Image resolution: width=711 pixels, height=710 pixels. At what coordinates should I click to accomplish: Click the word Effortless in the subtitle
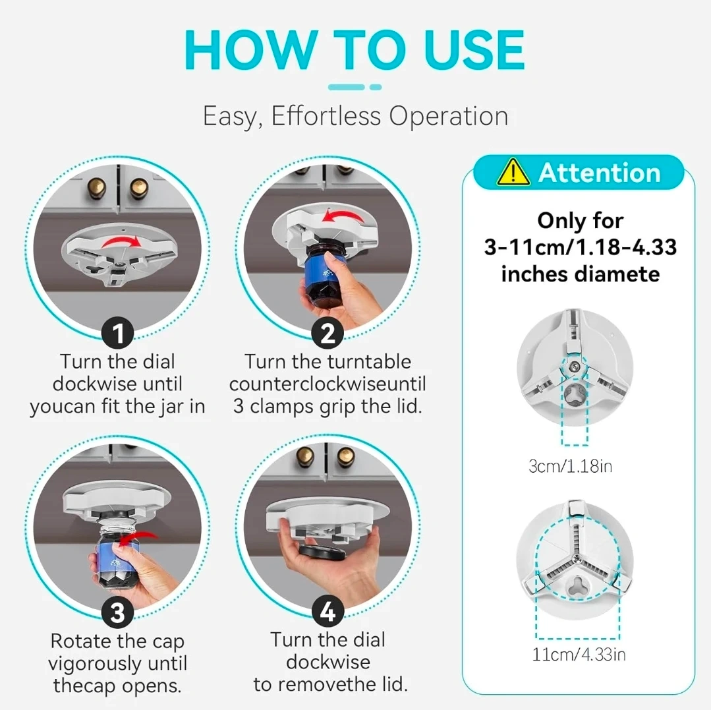[326, 115]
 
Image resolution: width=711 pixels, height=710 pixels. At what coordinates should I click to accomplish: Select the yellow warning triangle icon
[513, 172]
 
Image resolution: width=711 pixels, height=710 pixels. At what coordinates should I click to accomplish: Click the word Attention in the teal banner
[600, 173]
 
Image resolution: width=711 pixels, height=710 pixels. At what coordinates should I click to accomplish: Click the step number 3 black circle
[117, 612]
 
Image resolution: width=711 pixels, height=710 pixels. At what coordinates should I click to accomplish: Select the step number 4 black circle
[327, 612]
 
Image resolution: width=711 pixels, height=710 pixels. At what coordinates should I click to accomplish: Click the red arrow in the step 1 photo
[121, 242]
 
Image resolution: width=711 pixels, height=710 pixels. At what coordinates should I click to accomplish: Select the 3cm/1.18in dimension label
[570, 466]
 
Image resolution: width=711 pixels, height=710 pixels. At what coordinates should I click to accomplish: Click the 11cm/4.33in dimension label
[579, 654]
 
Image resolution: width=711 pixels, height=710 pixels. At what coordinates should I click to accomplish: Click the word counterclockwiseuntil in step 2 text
[327, 384]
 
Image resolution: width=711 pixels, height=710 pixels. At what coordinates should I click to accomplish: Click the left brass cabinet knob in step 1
[97, 187]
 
